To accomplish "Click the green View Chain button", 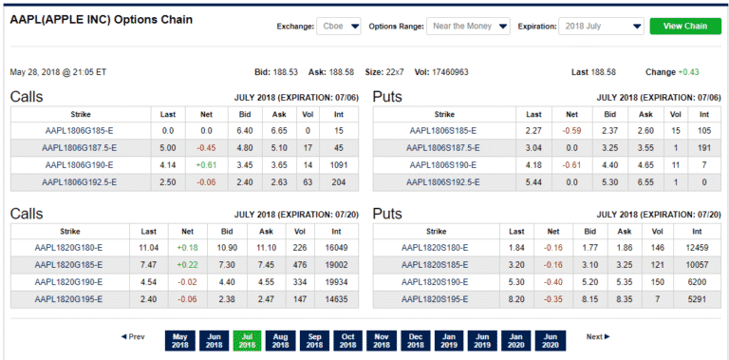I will point(683,27).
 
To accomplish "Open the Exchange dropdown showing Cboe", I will point(338,27).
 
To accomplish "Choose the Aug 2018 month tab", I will point(279,340).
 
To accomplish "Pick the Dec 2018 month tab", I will point(414,340).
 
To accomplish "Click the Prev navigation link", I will point(133,337).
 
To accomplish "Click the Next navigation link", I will point(597,337).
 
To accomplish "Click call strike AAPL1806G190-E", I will point(79,164).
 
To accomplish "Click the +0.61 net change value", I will point(207,164).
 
